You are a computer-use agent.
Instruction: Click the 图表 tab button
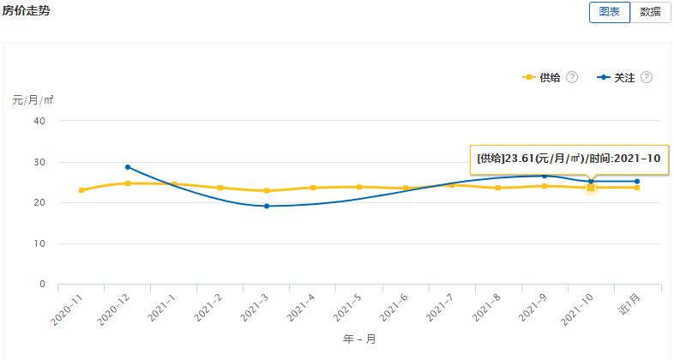609,12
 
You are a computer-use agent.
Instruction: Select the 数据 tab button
650,12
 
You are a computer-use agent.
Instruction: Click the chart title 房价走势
27,10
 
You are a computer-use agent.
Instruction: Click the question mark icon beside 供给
572,77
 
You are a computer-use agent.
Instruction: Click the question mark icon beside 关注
647,77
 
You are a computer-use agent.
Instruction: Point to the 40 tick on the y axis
39,121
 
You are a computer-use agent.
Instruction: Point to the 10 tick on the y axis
39,243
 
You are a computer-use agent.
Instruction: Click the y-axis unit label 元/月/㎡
33,99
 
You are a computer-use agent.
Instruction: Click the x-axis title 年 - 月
359,339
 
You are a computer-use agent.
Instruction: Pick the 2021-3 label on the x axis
254,307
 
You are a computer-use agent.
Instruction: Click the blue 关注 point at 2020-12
128,167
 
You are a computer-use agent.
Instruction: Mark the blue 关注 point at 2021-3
267,206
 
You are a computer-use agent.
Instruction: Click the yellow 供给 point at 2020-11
81,190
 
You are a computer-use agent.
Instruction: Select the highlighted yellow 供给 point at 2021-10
591,187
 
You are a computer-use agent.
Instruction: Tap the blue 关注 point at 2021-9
544,177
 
